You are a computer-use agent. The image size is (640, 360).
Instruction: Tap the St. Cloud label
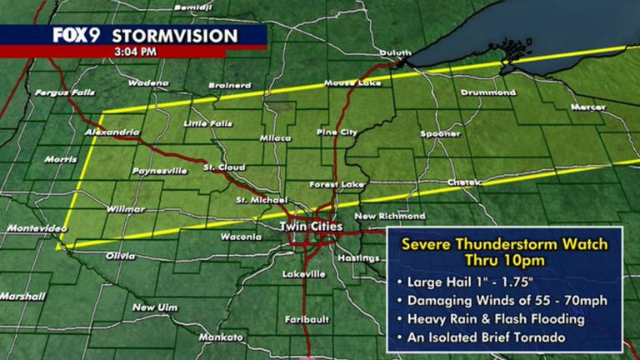point(223,168)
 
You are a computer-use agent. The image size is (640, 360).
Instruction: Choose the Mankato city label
point(220,337)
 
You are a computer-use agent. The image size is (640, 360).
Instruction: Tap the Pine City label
point(337,132)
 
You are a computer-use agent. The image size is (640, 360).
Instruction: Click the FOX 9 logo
point(78,35)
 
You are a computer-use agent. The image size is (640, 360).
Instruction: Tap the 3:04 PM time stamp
point(134,51)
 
